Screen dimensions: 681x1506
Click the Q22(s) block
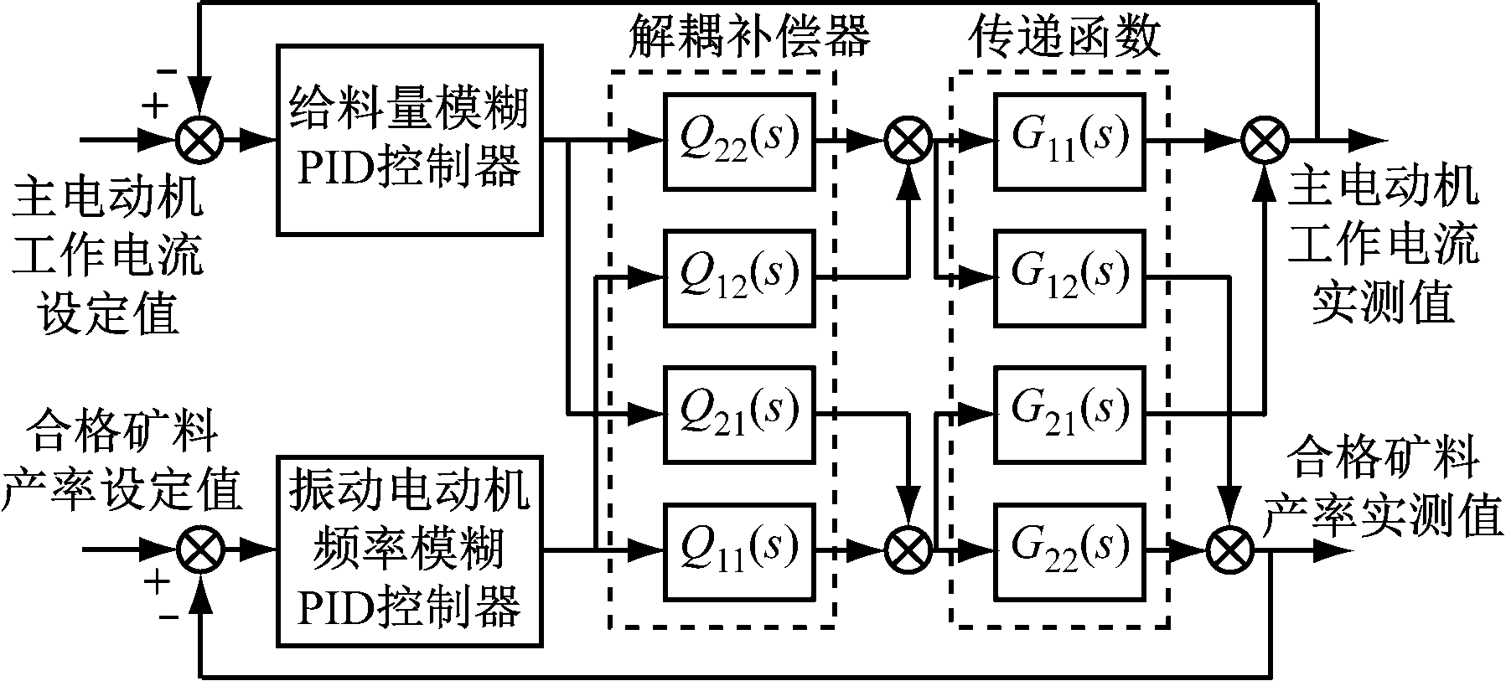point(738,140)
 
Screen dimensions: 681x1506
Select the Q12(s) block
point(738,277)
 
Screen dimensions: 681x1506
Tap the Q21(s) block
point(738,414)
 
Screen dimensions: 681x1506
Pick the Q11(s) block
point(738,551)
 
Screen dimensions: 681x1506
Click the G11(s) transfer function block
point(1069,140)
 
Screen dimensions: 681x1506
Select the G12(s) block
point(1069,277)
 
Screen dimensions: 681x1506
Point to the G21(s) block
point(1069,414)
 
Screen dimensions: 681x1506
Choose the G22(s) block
point(1069,551)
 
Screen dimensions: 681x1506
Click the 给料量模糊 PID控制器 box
point(408,139)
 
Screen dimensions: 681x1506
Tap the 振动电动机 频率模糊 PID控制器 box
point(408,551)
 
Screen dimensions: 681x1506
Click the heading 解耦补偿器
point(748,38)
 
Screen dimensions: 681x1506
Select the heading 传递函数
point(1064,38)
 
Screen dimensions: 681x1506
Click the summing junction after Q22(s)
point(908,141)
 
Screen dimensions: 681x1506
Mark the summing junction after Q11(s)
point(908,551)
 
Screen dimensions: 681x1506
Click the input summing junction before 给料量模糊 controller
point(200,141)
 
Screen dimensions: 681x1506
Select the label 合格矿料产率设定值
point(122,463)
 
